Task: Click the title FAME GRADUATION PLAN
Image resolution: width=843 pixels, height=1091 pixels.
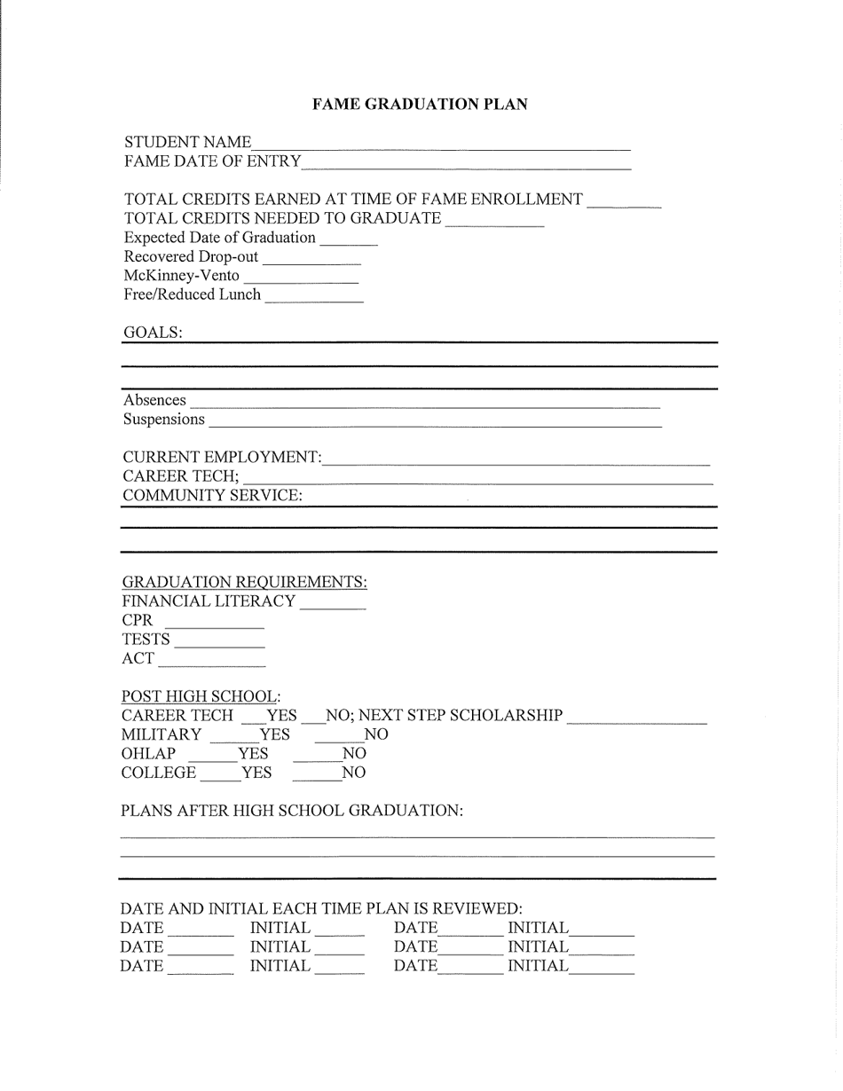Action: pos(420,105)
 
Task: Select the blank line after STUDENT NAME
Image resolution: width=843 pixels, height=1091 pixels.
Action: pos(441,145)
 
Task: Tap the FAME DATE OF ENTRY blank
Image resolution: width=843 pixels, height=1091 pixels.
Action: pos(466,163)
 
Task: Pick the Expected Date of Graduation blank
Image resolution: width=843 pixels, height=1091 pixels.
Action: pos(348,240)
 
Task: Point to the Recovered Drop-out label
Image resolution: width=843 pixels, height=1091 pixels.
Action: pos(191,257)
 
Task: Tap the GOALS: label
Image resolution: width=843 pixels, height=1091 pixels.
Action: pos(153,333)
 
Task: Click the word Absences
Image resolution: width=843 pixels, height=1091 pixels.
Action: pos(154,400)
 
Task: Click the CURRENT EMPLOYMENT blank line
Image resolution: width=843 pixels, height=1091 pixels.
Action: pos(516,460)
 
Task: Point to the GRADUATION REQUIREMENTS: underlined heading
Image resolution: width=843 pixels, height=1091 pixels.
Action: pos(244,583)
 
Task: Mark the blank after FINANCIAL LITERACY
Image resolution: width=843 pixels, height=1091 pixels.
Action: pos(333,605)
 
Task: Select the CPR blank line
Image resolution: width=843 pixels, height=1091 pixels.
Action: pos(215,624)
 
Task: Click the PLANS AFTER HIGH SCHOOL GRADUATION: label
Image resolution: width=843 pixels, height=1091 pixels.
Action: pos(292,811)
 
